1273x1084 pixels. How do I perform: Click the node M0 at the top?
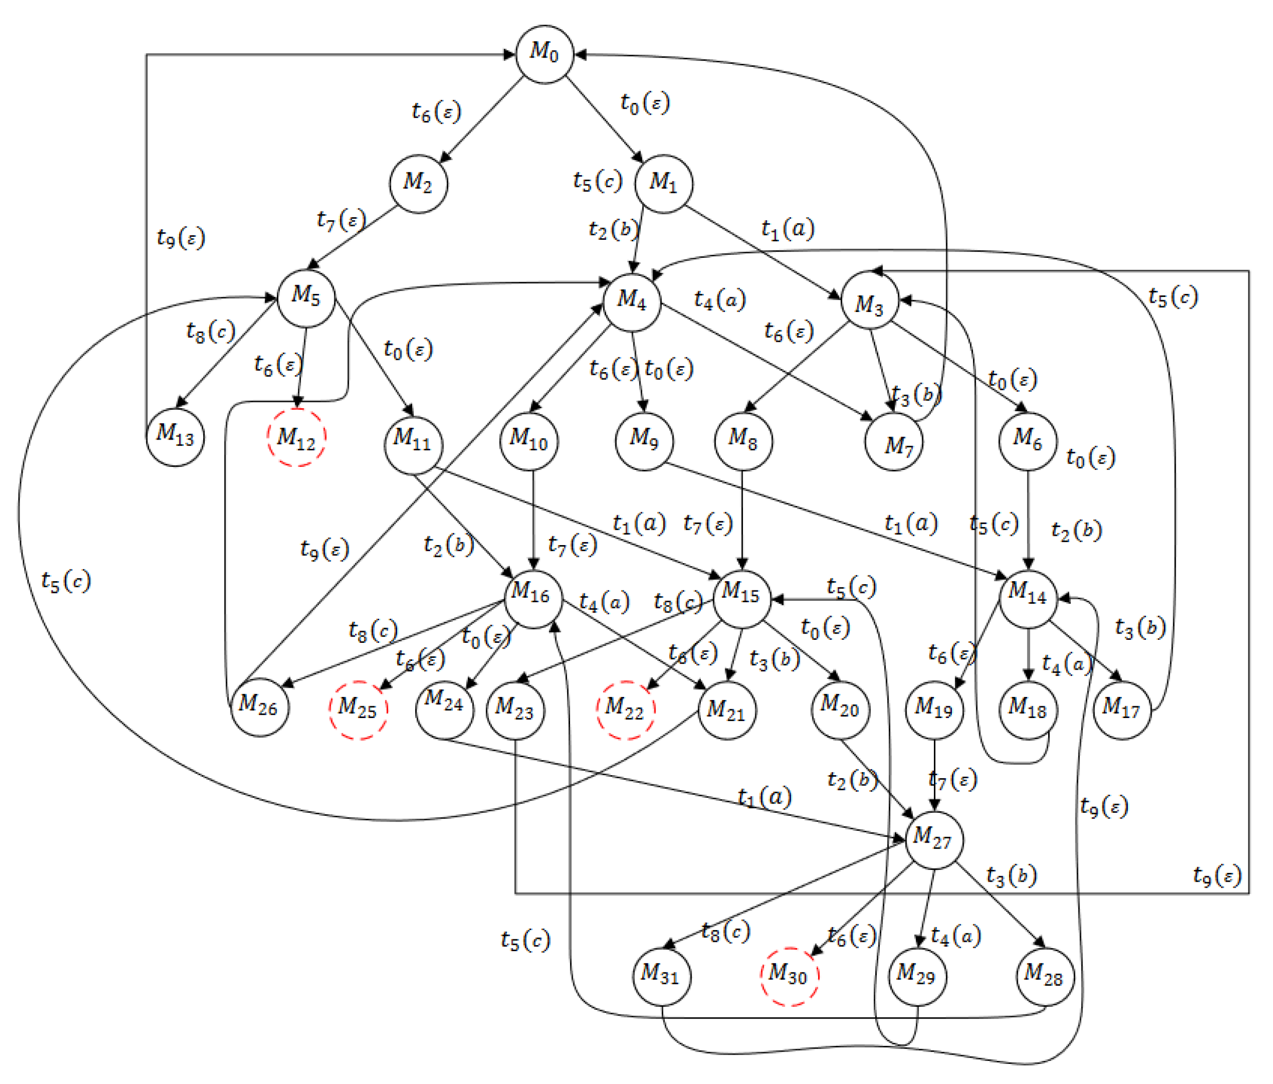point(544,54)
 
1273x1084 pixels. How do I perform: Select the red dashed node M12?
point(297,438)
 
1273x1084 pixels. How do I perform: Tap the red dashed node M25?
point(358,710)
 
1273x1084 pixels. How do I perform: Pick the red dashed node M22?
point(626,710)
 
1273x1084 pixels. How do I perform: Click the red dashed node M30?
point(789,976)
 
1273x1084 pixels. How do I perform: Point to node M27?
point(934,840)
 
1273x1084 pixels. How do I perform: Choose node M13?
point(175,438)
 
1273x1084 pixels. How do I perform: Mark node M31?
point(662,976)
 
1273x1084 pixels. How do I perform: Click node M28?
point(1045,976)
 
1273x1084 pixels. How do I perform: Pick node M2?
point(418,184)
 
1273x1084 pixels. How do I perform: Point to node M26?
point(259,707)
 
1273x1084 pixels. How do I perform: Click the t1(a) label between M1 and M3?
point(788,229)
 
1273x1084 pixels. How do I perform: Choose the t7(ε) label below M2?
point(342,219)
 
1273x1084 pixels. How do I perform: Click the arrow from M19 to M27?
point(934,774)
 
